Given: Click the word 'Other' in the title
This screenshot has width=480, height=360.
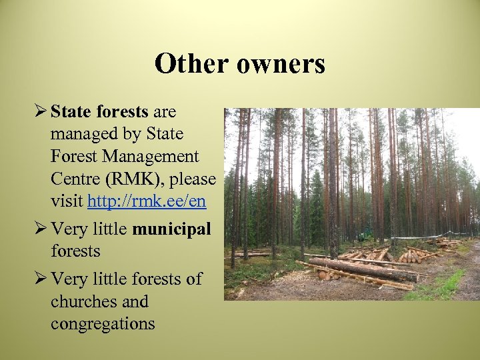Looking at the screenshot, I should (191, 64).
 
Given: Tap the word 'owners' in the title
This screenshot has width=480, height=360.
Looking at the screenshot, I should (281, 64).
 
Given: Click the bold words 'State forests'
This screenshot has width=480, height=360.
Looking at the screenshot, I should (101, 111).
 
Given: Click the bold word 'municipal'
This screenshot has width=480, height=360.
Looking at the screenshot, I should (171, 229).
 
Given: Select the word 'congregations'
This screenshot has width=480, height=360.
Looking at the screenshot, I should (103, 324).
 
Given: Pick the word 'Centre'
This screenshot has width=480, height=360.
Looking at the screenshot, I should (73, 179).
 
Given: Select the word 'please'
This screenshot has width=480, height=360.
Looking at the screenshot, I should (193, 179).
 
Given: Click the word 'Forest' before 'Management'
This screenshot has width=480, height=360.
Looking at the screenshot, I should (73, 156).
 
